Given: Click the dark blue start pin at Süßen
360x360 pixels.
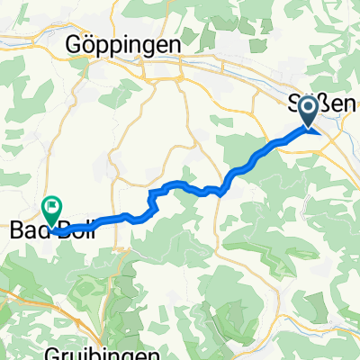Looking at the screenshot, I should [307, 111].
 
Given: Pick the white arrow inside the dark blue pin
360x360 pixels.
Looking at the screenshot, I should [307, 109].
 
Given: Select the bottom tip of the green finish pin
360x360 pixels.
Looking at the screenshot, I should [51, 228].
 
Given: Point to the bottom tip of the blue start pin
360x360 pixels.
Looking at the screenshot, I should [307, 130].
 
